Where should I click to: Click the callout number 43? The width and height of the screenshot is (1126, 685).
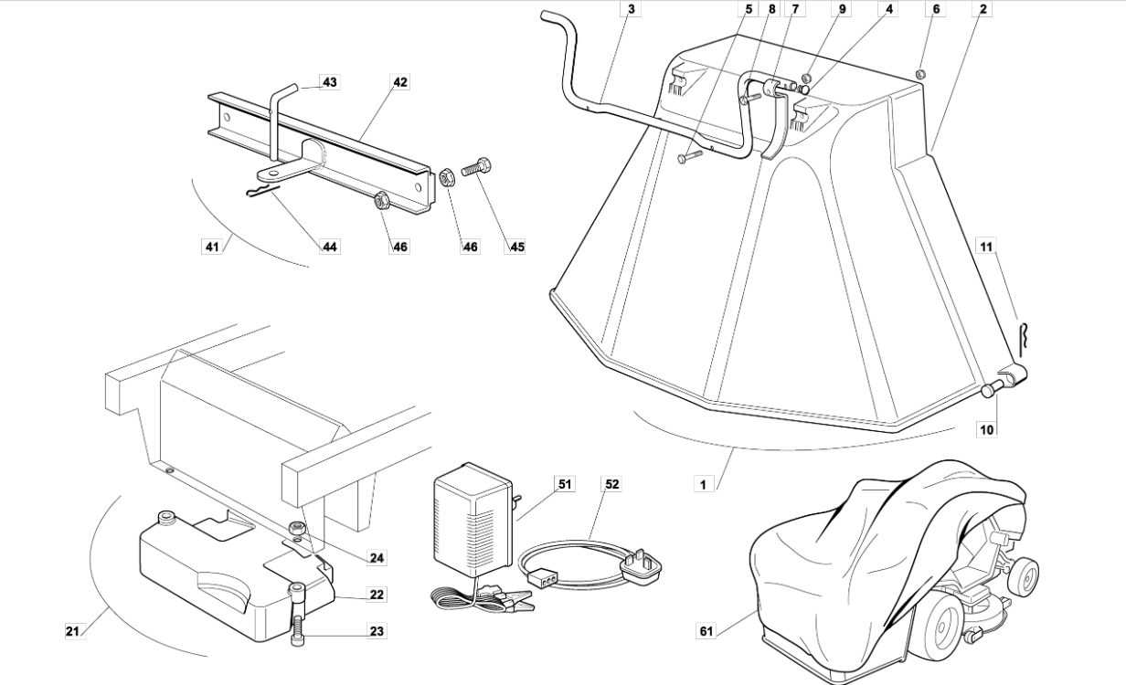(329, 82)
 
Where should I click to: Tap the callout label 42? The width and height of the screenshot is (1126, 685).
(399, 82)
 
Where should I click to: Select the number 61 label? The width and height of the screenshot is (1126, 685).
(706, 630)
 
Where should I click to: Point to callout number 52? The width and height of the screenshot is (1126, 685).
(611, 484)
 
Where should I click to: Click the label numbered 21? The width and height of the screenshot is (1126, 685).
(73, 630)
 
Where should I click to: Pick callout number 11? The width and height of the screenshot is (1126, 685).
(986, 247)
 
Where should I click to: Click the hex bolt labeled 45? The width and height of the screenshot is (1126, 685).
(478, 167)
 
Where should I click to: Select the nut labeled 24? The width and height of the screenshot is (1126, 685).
(296, 527)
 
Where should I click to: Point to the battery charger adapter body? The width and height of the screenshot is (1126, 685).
(471, 521)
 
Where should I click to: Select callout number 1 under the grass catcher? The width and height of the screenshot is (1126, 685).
(703, 484)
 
